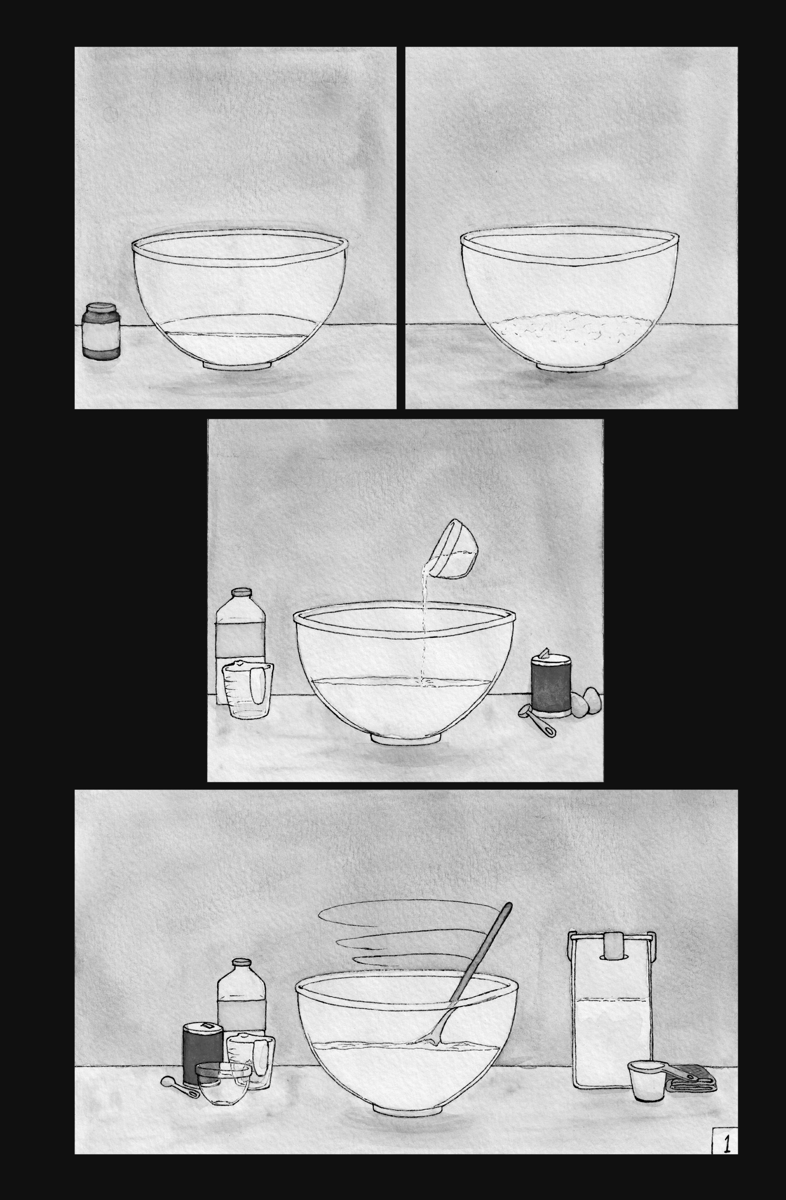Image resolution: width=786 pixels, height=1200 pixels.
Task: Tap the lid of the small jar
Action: (x=101, y=307)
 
